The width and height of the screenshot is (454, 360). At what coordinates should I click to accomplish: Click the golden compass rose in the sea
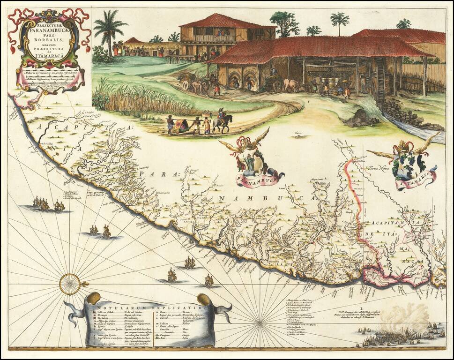pyautogui.click(x=69, y=284)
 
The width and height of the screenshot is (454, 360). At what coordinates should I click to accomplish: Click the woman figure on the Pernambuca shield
pyautogui.click(x=251, y=162)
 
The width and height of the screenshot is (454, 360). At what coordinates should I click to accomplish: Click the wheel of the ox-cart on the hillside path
pyautogui.click(x=185, y=85)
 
